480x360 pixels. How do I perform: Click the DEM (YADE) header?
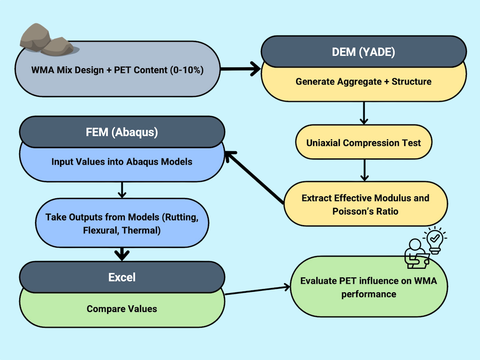[363, 52]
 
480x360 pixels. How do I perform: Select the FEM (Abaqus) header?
[122, 132]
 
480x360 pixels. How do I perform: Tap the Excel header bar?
[122, 277]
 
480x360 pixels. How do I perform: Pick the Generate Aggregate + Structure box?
[363, 82]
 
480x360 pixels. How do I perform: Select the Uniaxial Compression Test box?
[363, 143]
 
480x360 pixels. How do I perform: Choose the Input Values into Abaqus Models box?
[122, 162]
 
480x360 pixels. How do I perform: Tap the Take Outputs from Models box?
[122, 223]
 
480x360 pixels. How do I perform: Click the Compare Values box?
[122, 309]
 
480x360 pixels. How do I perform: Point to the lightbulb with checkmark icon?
[434, 239]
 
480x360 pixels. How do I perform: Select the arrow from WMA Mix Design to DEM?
[240, 70]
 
